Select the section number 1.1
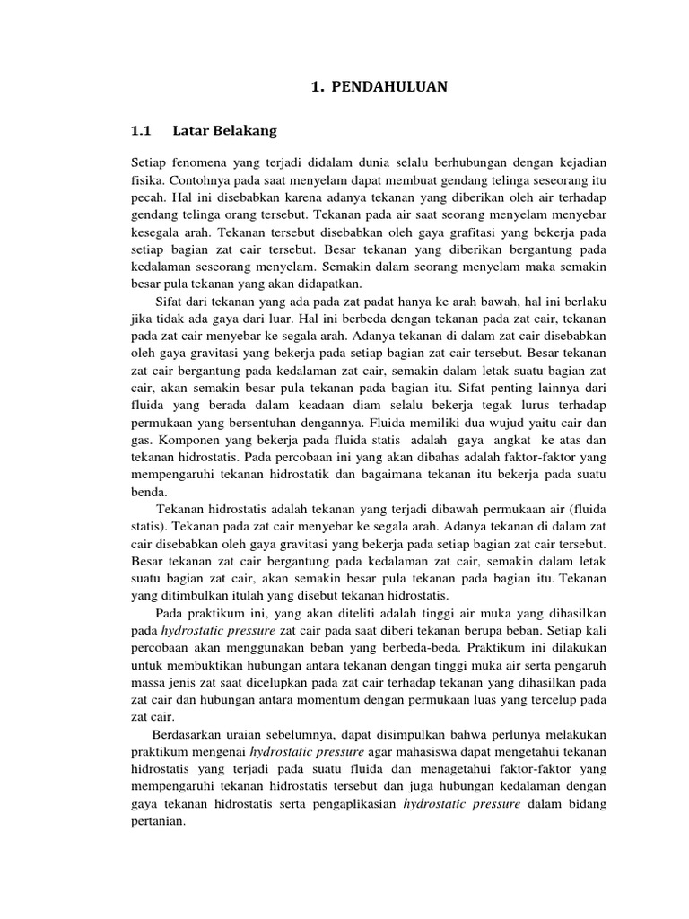[143, 130]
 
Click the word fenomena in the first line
[203, 162]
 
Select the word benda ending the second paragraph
[148, 492]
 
